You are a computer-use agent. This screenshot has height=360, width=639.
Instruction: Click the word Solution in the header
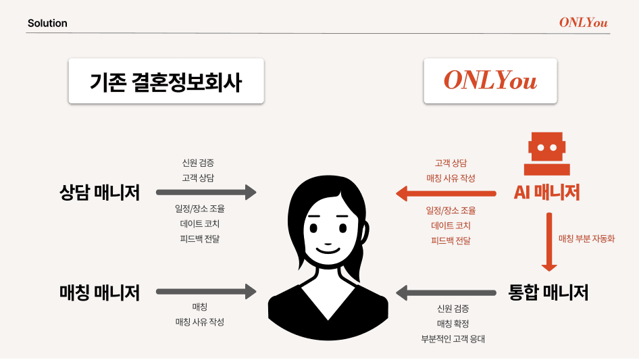[47, 23]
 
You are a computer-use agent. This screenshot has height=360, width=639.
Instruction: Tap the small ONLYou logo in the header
[583, 22]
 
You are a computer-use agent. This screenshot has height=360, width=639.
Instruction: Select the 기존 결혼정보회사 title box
[166, 81]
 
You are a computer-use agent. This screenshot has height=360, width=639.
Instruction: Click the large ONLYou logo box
[490, 81]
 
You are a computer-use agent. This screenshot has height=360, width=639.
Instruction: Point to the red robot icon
[546, 155]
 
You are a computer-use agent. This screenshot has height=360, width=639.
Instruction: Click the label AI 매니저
[546, 192]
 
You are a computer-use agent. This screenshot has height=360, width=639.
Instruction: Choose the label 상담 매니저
[99, 192]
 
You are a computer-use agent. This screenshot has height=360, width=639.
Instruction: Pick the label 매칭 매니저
[99, 292]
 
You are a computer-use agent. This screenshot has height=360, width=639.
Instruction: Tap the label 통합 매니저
[548, 292]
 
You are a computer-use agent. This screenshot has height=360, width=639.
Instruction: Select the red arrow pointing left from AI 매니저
[446, 194]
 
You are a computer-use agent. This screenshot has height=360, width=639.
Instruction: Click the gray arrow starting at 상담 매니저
[207, 192]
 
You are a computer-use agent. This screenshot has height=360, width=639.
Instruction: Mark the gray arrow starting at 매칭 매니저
[207, 292]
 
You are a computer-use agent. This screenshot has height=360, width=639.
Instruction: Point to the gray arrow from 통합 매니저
[446, 292]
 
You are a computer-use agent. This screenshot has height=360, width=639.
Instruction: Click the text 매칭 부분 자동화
[586, 238]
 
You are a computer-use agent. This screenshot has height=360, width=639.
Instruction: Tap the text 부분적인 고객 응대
[453, 339]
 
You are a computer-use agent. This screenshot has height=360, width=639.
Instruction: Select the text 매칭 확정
[453, 324]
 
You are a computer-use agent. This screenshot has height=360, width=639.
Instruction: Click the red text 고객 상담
[451, 163]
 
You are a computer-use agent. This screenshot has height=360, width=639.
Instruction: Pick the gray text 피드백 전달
[199, 238]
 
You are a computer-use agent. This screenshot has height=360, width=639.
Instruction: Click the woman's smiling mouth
[329, 247]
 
